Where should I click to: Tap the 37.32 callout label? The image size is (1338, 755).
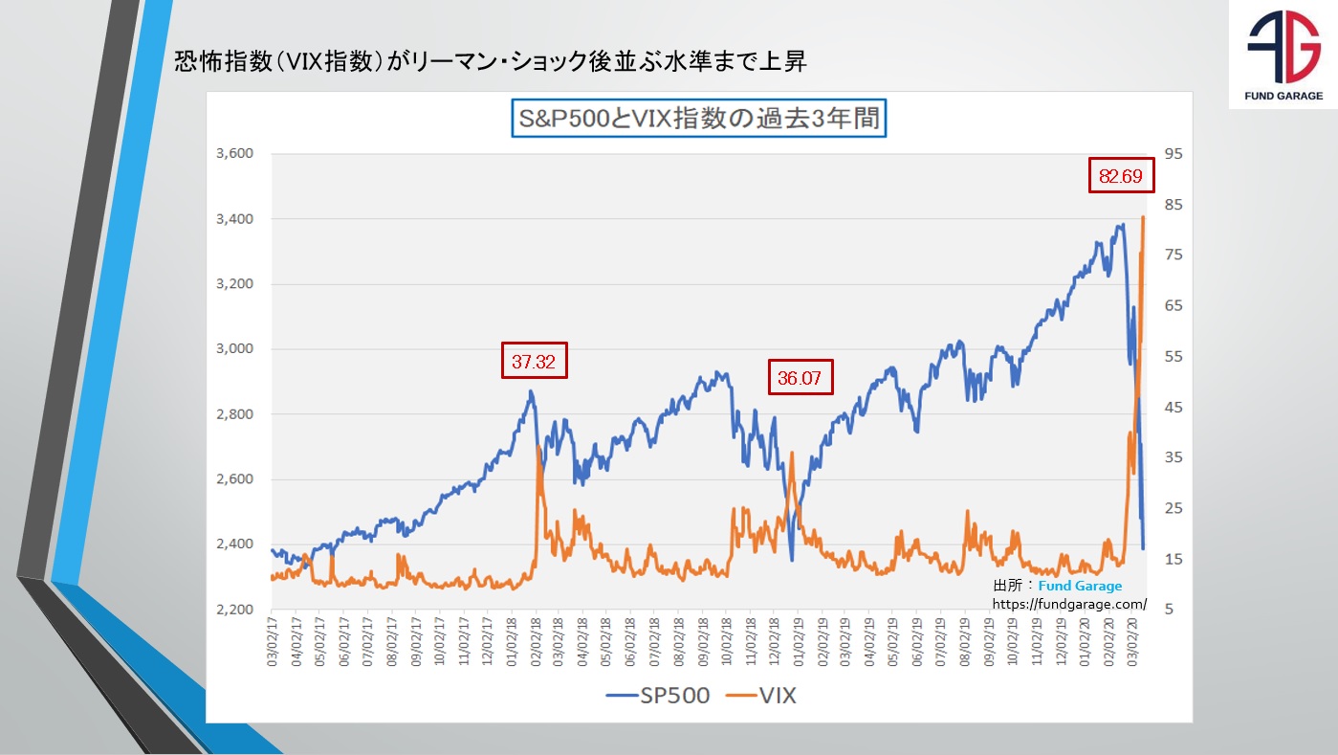tap(535, 361)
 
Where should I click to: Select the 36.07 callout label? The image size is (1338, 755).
tap(801, 377)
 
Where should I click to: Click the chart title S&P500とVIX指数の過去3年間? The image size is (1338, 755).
tap(698, 120)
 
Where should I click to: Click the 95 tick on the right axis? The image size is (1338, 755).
tap(1174, 154)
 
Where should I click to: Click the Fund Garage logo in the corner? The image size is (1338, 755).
tap(1283, 56)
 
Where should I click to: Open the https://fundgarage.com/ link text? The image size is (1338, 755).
tap(1069, 604)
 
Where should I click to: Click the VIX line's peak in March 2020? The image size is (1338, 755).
tap(1143, 217)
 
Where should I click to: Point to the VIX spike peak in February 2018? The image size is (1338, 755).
tap(538, 447)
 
